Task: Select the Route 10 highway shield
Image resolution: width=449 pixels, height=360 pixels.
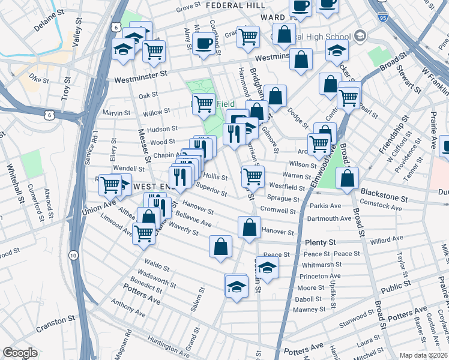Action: pyautogui.click(x=73, y=256)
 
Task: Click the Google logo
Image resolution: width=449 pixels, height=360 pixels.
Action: pyautogui.click(x=20, y=353)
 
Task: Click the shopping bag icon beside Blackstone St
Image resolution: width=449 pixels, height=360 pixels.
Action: pyautogui.click(x=347, y=178)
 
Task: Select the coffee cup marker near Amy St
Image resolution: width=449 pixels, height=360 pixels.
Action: pyautogui.click(x=204, y=43)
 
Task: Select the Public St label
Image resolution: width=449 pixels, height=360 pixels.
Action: pyautogui.click(x=396, y=287)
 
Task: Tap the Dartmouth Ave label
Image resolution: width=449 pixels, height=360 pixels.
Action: pyautogui.click(x=329, y=218)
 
